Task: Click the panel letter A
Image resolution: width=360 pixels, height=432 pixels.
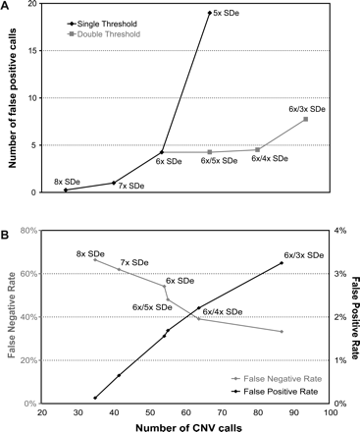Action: (7, 7)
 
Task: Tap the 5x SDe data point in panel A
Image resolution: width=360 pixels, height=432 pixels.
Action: (208, 13)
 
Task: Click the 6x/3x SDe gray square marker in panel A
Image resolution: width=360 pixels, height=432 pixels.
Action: (306, 119)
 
